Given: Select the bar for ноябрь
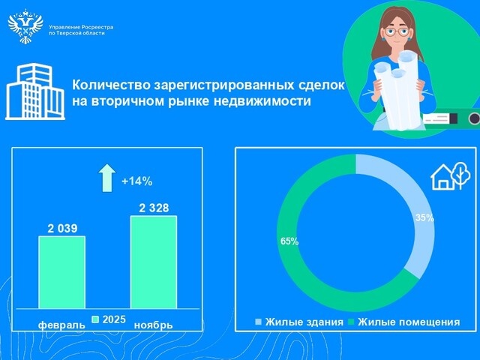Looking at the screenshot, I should click(x=154, y=262).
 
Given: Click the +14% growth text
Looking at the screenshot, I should click(x=137, y=181).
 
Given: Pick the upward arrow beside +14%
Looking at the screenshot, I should click(x=106, y=178).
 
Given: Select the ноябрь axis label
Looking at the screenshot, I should click(x=153, y=325).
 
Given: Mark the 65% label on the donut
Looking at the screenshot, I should click(x=289, y=241).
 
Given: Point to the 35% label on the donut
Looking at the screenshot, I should click(x=424, y=217).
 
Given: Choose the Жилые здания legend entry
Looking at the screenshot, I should click(x=299, y=322).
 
